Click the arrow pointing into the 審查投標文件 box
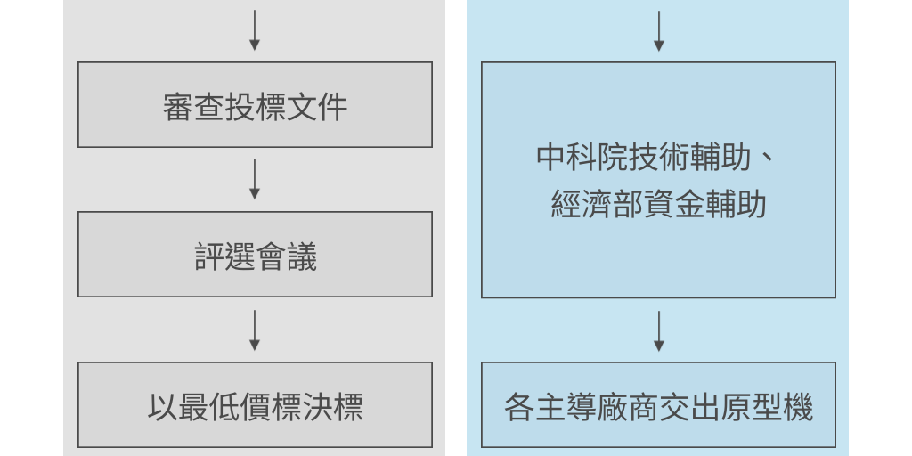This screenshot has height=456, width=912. pos(255,30)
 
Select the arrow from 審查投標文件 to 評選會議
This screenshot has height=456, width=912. pos(255,179)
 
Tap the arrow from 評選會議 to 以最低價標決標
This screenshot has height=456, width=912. pos(255,330)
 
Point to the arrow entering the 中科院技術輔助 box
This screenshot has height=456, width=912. pos(658,30)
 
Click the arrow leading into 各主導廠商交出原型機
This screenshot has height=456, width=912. pos(658,330)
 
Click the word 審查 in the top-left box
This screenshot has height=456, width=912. pos(193,107)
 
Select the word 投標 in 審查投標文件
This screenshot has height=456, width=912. pos(255,107)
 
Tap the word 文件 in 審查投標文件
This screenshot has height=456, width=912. pos(316,107)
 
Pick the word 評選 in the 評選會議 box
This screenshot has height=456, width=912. pos(224,257)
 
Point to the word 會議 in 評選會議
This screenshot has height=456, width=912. pos(286,257)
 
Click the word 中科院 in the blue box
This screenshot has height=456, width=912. pos(582,157)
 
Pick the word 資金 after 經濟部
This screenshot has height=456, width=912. pos(673,206)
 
